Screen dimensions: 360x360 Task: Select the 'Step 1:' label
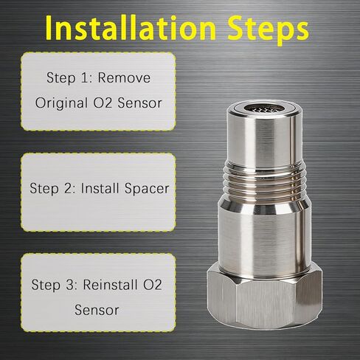tap(66, 76)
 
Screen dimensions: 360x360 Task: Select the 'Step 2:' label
tap(51, 188)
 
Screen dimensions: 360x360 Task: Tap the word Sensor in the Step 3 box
tap(97, 310)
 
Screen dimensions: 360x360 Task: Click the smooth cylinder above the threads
tap(263, 140)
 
